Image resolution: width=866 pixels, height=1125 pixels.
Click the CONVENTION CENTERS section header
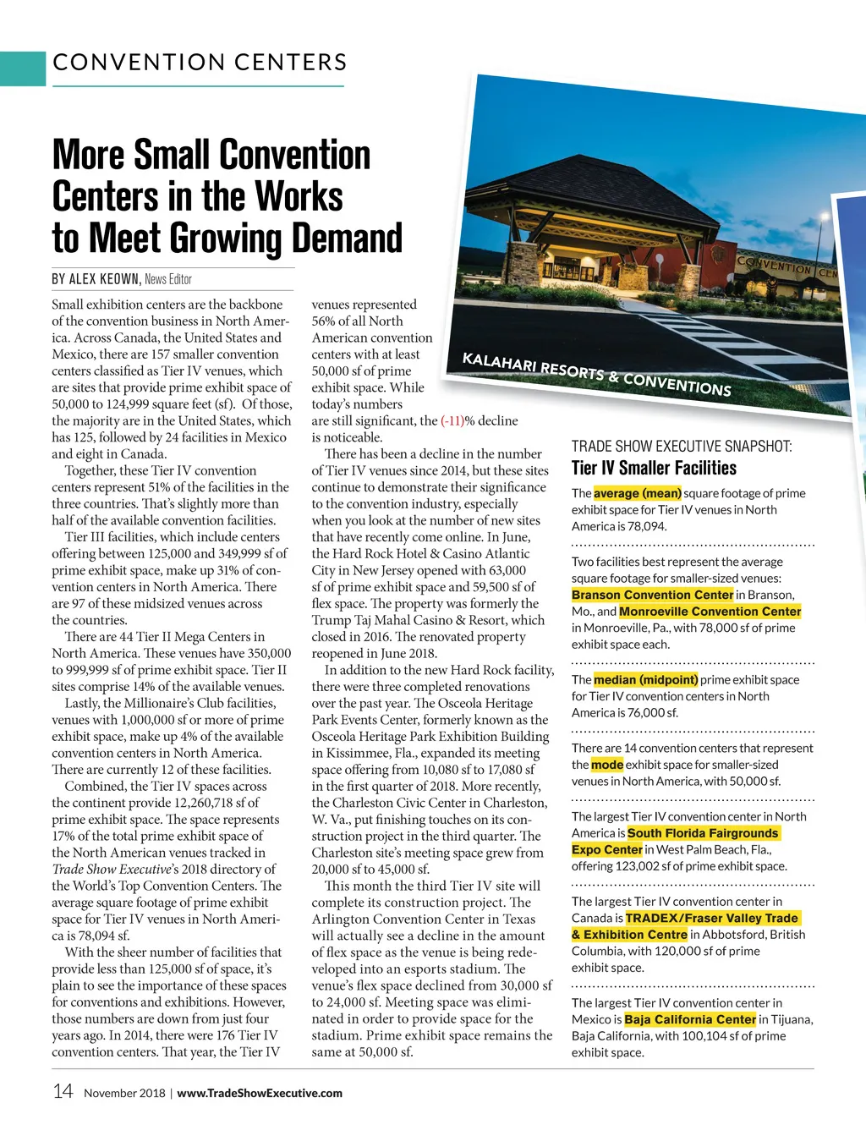(x=200, y=63)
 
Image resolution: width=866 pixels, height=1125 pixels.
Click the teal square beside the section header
(x=23, y=69)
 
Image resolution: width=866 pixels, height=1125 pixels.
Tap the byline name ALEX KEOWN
(x=104, y=279)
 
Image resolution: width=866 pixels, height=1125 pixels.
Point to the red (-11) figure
(x=452, y=420)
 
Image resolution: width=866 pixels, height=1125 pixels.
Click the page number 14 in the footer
(x=63, y=1091)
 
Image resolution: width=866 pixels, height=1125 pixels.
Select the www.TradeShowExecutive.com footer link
(x=260, y=1093)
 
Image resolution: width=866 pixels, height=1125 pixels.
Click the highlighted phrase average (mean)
(x=638, y=493)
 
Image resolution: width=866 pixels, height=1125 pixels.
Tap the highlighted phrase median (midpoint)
(x=645, y=679)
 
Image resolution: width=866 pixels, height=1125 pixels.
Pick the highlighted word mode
(x=606, y=765)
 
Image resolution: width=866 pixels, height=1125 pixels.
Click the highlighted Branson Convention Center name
(x=652, y=595)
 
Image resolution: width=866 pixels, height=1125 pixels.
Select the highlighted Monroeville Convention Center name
(x=710, y=612)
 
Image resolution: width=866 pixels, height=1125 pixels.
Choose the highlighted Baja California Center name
(x=689, y=1019)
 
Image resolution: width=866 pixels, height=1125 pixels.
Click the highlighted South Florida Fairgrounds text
(x=703, y=833)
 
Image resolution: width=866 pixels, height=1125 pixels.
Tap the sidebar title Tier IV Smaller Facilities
(x=654, y=468)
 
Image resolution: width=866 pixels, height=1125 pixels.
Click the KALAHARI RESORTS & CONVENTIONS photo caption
(x=596, y=374)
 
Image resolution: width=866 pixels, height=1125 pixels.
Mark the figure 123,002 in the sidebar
(x=672, y=866)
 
